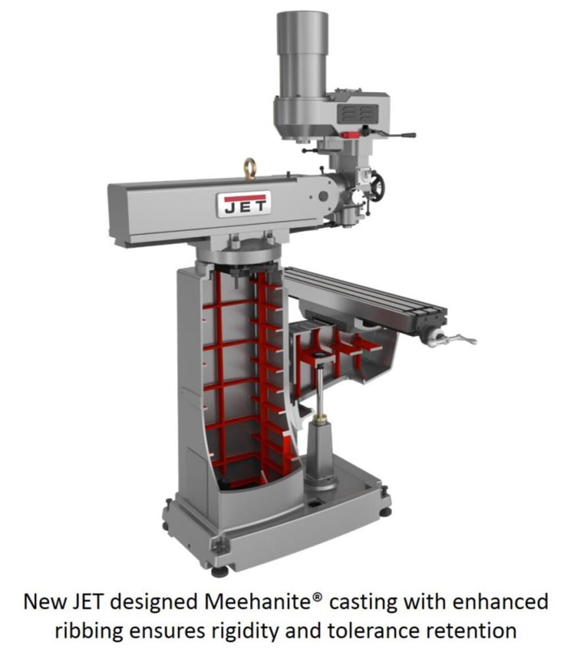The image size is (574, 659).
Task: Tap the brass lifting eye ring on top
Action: pos(250,168)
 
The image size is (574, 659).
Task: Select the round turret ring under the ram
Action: pos(238,253)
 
